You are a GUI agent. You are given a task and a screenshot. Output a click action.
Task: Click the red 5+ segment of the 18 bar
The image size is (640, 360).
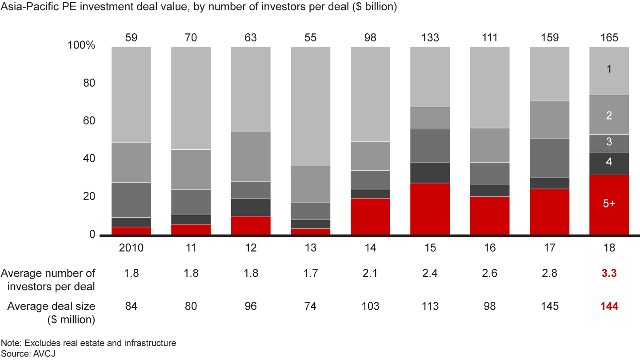609,204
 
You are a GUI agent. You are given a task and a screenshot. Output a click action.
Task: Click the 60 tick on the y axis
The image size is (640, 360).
89,121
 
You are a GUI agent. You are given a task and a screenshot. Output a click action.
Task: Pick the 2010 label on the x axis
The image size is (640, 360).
132,248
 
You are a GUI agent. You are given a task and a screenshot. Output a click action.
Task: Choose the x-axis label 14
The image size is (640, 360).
370,248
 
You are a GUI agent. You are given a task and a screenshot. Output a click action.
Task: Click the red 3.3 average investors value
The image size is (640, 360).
609,273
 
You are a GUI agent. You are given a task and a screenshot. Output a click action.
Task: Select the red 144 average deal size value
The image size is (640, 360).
609,306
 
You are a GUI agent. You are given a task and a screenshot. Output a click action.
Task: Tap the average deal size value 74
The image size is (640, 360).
311,306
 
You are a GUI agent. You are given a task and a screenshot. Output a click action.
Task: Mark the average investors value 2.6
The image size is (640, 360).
489,273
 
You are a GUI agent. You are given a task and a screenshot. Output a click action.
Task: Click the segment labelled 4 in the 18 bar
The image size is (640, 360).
609,163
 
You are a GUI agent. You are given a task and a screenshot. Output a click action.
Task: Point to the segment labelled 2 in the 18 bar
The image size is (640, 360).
609,115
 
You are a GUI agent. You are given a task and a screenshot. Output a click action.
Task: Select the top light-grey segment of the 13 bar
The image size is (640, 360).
311,106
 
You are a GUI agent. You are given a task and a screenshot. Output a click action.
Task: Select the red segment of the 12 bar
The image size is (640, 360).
251,225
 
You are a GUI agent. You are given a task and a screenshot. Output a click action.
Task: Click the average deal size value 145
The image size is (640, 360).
549,306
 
